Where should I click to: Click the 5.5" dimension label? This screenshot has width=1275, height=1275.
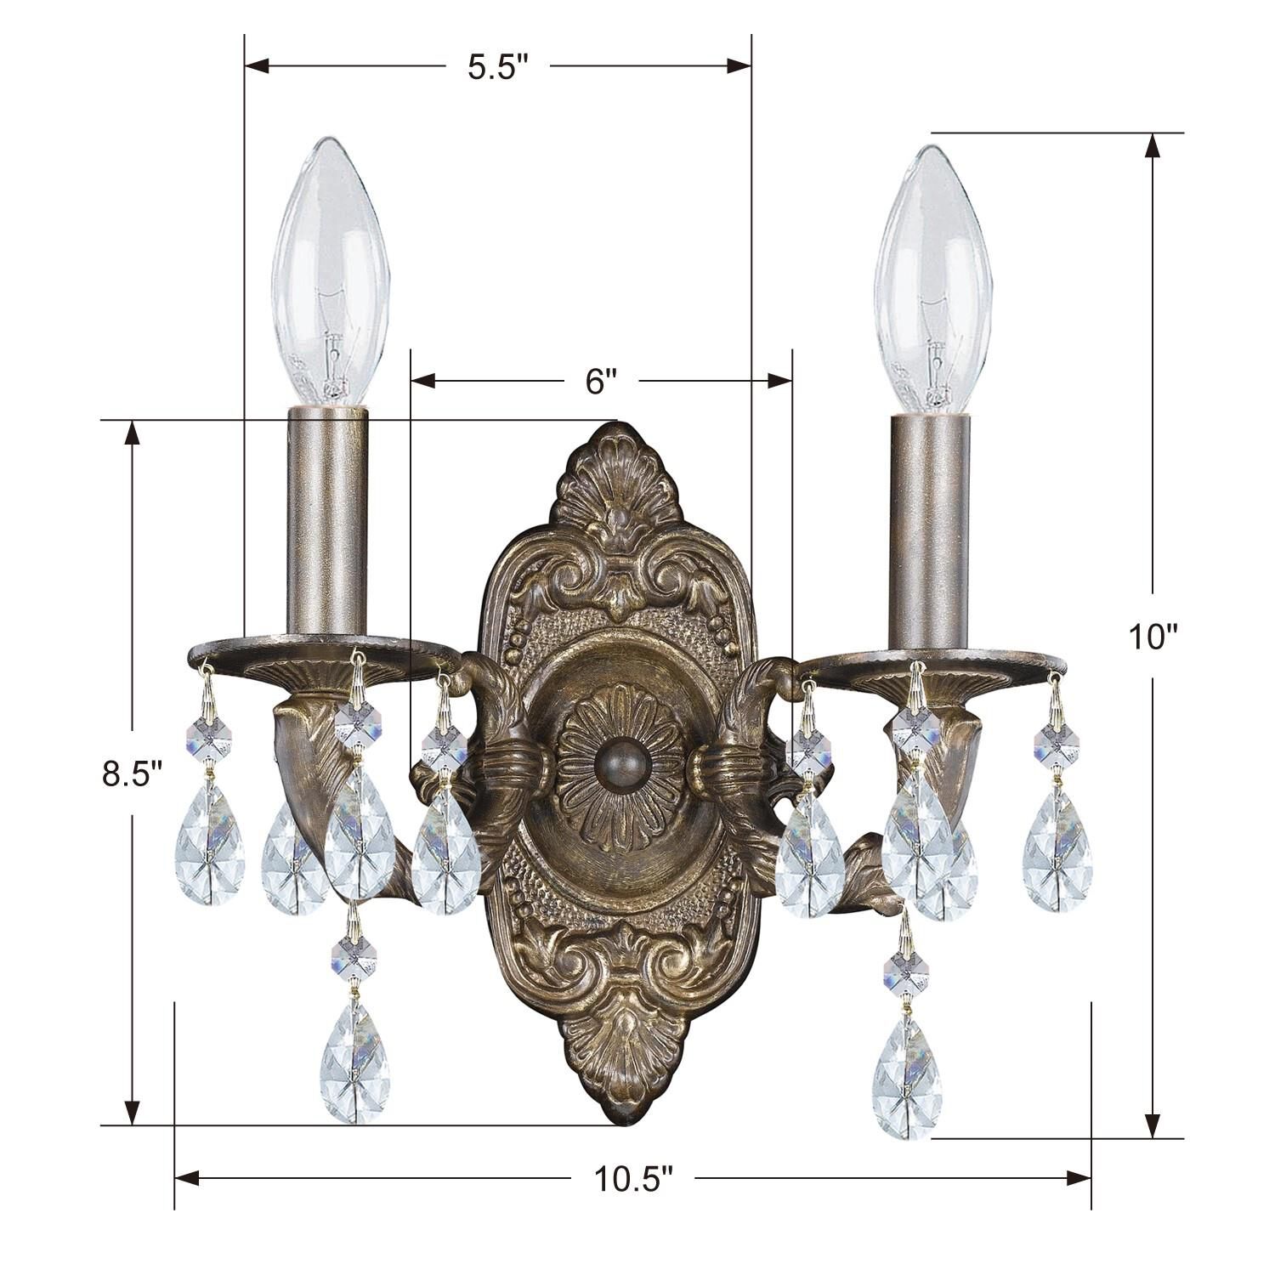point(498,67)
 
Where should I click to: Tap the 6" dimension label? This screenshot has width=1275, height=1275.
point(600,382)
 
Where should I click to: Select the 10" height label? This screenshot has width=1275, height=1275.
point(1154,636)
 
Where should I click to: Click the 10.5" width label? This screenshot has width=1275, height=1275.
point(633,1178)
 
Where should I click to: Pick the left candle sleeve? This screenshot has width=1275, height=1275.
point(328,520)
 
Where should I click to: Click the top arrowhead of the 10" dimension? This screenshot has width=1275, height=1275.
point(1153,146)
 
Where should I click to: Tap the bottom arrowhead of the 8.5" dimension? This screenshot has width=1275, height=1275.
point(132,1111)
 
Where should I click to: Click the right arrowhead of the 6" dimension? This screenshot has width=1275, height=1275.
point(779,382)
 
